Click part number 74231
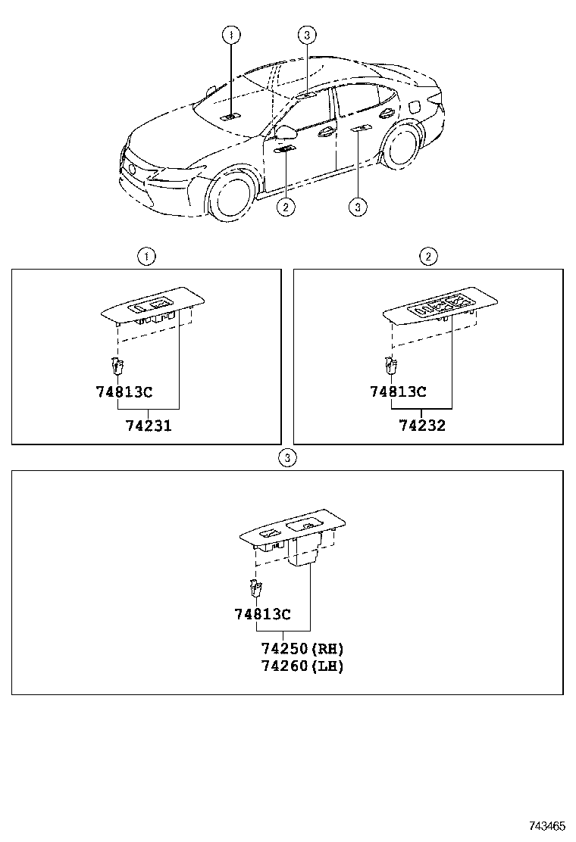click(x=149, y=426)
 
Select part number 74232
click(x=422, y=426)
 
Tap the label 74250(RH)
click(x=302, y=649)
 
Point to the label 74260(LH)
click(x=302, y=666)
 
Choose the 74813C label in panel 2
click(x=398, y=391)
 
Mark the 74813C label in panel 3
click(x=262, y=614)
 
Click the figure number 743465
click(x=547, y=825)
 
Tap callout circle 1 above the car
click(x=231, y=34)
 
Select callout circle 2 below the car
click(x=285, y=206)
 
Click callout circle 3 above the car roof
click(x=305, y=34)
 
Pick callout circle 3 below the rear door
click(x=358, y=206)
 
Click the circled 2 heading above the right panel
click(x=428, y=257)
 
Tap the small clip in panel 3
click(x=255, y=588)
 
